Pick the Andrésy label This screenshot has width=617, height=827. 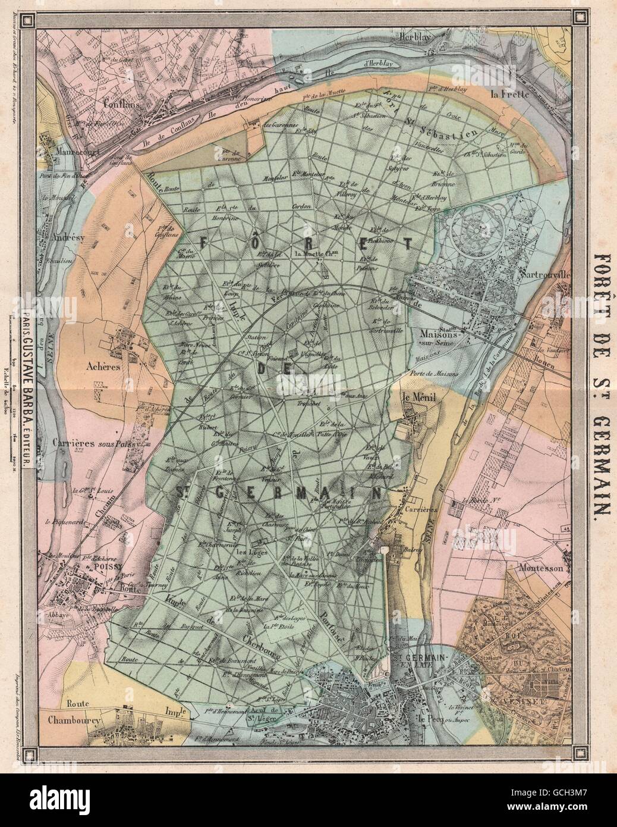point(65,236)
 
